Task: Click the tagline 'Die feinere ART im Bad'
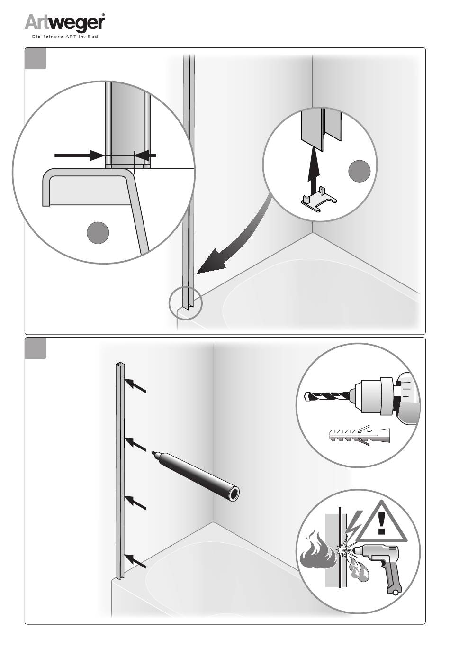pos(65,37)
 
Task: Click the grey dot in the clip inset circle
pos(359,171)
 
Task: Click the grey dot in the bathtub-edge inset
pos(98,233)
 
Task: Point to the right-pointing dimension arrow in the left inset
pos(80,155)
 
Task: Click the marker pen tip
pos(153,452)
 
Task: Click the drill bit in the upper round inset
pos(328,396)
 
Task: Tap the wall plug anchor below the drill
pos(360,435)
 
